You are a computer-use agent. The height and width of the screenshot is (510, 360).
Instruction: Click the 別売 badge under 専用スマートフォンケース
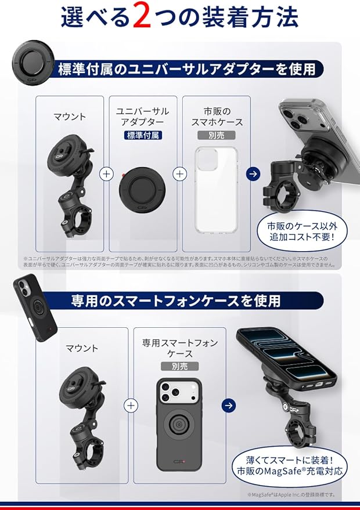179,366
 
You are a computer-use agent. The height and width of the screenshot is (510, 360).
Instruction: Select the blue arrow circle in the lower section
229,405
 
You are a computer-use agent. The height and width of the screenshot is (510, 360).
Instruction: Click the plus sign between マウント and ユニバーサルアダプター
106,173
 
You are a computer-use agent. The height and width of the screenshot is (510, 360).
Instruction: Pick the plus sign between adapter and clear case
180,173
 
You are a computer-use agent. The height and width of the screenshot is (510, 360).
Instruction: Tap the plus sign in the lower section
132,405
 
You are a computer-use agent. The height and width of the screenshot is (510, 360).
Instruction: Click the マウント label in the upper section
70,117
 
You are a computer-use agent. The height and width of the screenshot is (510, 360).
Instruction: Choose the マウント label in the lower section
82,348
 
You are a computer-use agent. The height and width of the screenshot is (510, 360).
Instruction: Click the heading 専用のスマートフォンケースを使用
176,301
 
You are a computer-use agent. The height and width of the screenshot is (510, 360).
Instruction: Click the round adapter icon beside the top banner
33,61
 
